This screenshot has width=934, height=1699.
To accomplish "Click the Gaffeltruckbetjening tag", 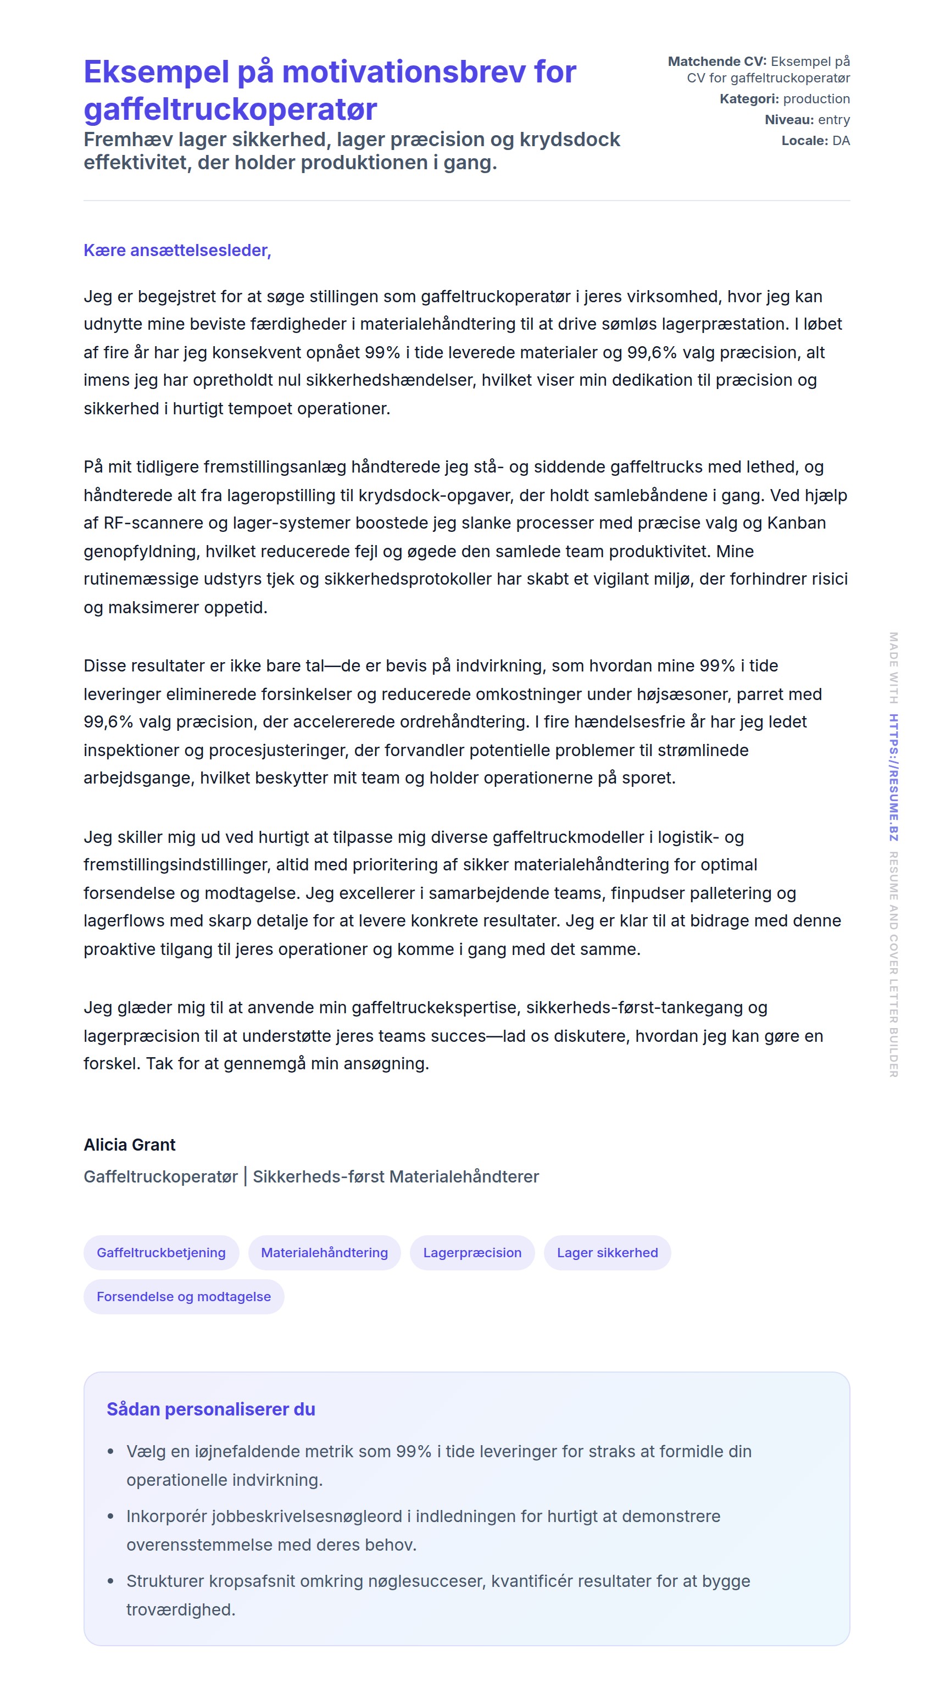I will tap(161, 1252).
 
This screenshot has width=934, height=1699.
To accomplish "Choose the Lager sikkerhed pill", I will tap(607, 1252).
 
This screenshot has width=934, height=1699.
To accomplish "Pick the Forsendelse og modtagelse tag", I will tap(184, 1296).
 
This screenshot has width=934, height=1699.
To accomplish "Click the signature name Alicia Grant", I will tap(129, 1145).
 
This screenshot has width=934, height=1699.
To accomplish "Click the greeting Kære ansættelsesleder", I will tap(177, 251).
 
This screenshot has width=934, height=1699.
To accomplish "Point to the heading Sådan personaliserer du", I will tap(210, 1409).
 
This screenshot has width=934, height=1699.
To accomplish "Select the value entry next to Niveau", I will tap(834, 120).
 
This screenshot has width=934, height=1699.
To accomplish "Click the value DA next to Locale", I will tap(841, 141).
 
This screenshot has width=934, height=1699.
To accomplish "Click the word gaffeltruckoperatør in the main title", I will tap(230, 109).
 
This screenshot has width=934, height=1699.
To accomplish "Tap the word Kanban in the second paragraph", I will tap(796, 523).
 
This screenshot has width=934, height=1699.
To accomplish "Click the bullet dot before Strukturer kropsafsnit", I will tap(111, 1581).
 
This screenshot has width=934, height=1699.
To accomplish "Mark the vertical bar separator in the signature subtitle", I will tap(246, 1176).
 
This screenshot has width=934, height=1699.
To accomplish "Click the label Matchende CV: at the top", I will tap(717, 62).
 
